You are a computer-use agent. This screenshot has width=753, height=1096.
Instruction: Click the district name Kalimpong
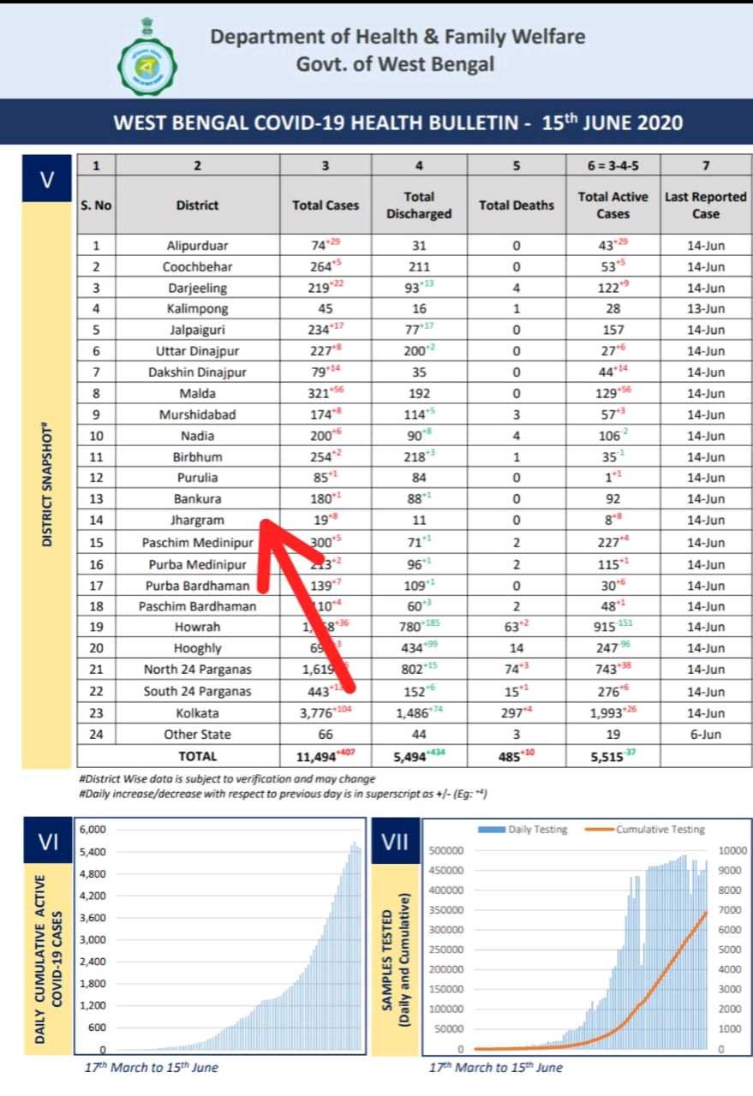[x=197, y=308]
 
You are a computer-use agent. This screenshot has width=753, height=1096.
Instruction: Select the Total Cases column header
[x=325, y=205]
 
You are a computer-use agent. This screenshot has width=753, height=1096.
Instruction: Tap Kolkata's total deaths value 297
[x=512, y=712]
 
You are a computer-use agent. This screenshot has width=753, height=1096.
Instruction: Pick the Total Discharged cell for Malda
[x=419, y=393]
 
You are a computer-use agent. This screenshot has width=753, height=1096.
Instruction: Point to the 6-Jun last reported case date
[x=705, y=734]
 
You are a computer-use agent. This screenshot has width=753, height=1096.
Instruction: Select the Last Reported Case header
[x=705, y=205]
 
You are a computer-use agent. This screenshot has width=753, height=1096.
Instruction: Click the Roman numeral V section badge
[x=47, y=180]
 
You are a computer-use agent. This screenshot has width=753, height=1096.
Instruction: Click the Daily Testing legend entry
[x=530, y=829]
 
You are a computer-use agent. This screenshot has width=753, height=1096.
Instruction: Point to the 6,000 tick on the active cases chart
[x=92, y=829]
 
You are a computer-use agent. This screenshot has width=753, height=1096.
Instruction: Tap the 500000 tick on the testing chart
[x=445, y=850]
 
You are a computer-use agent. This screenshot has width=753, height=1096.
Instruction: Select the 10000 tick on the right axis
[x=729, y=850]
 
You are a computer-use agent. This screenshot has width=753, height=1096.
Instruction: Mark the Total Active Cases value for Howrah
[x=610, y=628]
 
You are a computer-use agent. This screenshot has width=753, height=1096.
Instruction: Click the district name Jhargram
[x=197, y=520]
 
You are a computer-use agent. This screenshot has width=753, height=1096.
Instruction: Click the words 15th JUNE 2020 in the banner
[x=613, y=122]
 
